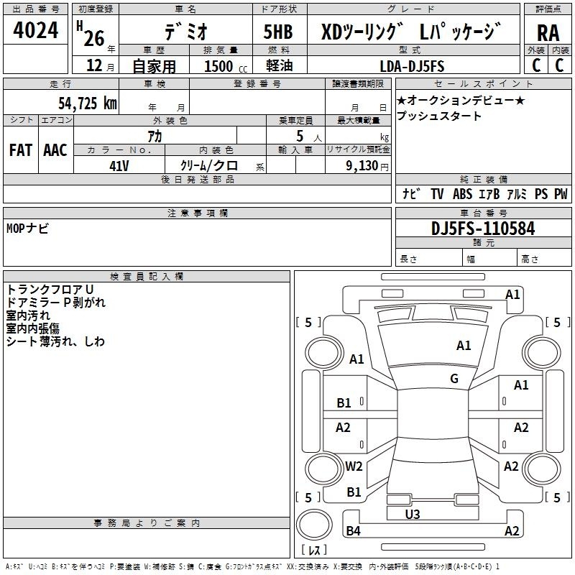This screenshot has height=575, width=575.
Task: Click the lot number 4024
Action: (35, 30)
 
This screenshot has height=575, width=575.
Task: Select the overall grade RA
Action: (548, 33)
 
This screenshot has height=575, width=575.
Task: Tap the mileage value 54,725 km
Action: (88, 103)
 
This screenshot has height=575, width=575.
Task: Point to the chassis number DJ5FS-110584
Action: (483, 229)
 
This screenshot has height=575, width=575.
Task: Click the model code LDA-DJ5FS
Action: (412, 66)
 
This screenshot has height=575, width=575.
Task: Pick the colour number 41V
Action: (119, 166)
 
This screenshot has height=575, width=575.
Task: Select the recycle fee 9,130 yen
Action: (367, 166)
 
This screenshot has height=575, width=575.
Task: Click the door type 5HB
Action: (278, 32)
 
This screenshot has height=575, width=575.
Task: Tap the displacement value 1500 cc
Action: (226, 66)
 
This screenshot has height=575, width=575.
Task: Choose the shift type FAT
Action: (21, 150)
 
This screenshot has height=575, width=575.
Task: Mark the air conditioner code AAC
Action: (55, 150)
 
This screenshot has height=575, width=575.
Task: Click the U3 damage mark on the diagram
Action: (413, 514)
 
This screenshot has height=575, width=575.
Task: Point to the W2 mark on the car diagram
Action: (354, 466)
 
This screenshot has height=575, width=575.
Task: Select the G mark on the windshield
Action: (454, 379)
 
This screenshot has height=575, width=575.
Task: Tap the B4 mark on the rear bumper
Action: (353, 530)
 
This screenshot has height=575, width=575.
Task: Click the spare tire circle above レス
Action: (314, 524)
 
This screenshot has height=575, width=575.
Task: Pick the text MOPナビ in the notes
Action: (27, 229)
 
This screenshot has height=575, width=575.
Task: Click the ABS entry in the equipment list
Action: (462, 193)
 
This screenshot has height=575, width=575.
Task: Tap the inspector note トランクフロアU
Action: (50, 290)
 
